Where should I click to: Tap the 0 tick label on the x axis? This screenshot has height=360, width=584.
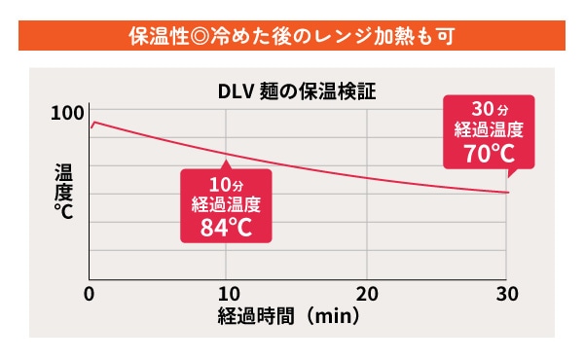pyautogui.click(x=90, y=294)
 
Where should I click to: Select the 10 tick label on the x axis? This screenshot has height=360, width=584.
pyautogui.click(x=227, y=294)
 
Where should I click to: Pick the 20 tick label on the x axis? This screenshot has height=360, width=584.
pyautogui.click(x=366, y=294)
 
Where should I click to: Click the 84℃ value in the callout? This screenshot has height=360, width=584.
pyautogui.click(x=225, y=228)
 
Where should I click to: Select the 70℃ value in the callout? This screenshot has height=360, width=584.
pyautogui.click(x=489, y=153)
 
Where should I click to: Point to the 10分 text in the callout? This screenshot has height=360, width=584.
pyautogui.click(x=225, y=185)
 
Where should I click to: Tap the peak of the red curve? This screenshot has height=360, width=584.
pyautogui.click(x=94, y=123)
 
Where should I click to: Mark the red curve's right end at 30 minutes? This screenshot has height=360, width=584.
pyautogui.click(x=507, y=193)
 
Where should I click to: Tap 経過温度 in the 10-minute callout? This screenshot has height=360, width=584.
pyautogui.click(x=225, y=204)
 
